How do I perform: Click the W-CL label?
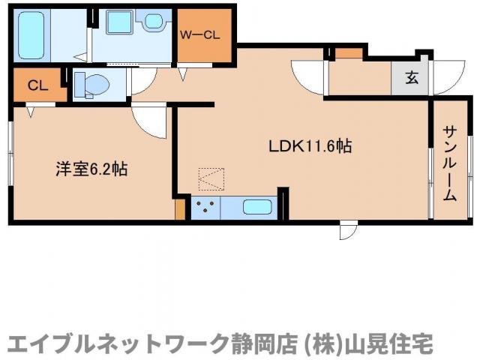coord(199,33)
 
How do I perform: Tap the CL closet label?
coord(37,85)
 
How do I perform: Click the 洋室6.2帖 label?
coord(90,169)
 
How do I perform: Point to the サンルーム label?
coord(449,164)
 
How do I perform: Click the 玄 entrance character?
coord(412,76)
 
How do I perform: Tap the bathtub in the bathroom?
coord(32,34)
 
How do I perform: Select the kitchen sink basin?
coord(258,206)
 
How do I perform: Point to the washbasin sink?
coord(154,21)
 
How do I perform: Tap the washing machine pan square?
coord(118,21)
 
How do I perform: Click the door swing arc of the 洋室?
coord(148,121)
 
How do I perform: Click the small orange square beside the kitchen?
coord(180,208)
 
